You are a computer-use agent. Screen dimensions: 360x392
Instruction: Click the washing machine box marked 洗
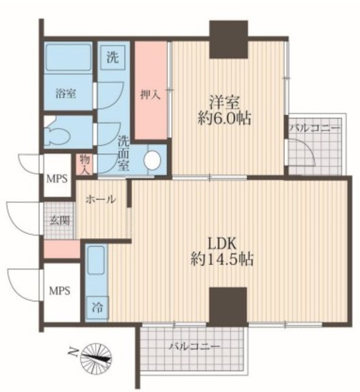113,58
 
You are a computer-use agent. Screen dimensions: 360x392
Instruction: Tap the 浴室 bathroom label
66,94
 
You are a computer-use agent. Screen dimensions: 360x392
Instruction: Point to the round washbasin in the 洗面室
152,160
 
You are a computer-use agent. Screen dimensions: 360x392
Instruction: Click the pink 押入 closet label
151,95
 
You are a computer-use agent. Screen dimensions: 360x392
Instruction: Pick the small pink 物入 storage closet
84,165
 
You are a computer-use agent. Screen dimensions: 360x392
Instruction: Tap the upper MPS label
57,179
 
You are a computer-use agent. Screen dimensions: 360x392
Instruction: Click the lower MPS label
59,291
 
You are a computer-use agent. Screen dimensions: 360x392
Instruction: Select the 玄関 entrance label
60,221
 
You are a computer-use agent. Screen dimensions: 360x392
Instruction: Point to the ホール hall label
101,200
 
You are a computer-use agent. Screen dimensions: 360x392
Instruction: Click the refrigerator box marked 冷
97,308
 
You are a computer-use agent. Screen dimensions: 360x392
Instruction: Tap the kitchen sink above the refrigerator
96,260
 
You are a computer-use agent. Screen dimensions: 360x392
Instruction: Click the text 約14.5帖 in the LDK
222,259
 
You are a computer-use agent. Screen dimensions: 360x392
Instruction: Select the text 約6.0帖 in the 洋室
224,118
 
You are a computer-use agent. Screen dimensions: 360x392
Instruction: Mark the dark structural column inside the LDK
228,307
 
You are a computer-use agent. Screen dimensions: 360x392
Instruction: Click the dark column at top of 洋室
228,39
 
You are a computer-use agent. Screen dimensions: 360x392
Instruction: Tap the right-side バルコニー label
315,128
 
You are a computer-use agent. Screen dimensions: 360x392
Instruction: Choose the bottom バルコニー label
194,347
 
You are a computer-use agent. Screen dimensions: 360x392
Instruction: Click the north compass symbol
96,357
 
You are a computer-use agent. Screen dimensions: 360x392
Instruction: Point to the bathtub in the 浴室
68,57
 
